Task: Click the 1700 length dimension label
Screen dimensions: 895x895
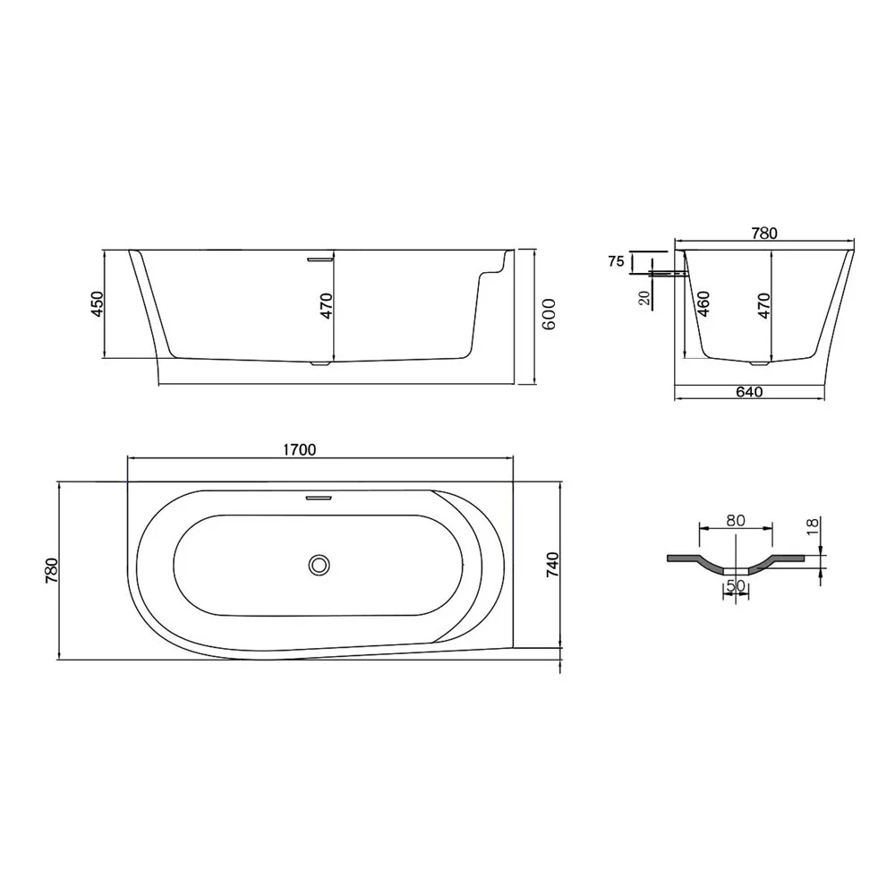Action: click(300, 450)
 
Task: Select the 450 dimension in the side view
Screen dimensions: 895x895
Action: click(98, 304)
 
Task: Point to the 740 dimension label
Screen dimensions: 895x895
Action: click(552, 565)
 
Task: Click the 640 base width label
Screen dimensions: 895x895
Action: click(749, 392)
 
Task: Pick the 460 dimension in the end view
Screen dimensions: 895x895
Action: click(703, 304)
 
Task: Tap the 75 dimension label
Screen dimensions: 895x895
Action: click(617, 262)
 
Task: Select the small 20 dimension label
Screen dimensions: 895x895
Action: click(645, 297)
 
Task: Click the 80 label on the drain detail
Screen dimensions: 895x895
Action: click(736, 521)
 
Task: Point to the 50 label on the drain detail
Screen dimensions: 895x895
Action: click(736, 586)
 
